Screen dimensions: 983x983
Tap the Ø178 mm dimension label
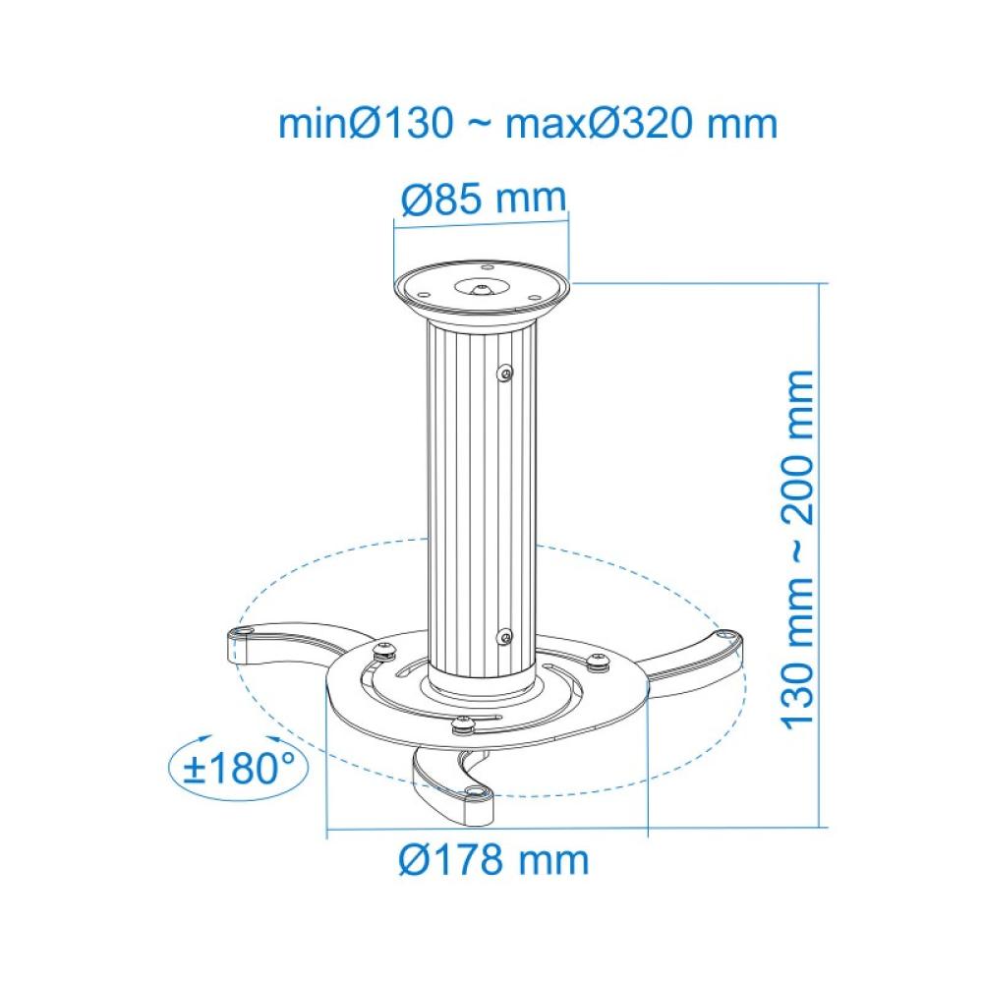click(x=494, y=860)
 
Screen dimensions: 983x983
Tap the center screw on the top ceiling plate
click(x=482, y=289)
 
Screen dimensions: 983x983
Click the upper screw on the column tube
click(x=505, y=374)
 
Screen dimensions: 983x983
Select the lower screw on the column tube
click(x=504, y=637)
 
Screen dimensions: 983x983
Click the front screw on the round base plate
click(x=463, y=726)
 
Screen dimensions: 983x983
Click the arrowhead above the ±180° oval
click(x=201, y=736)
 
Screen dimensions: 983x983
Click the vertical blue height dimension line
click(x=820, y=550)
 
